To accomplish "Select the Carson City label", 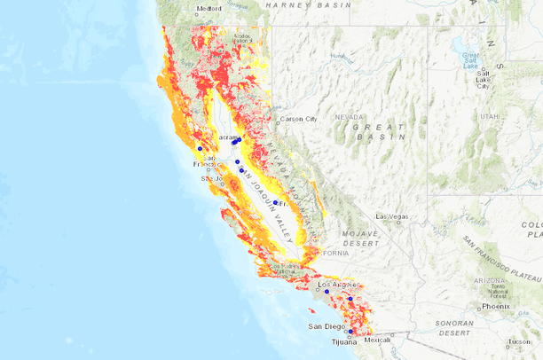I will coord(298,119).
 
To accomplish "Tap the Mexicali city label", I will coord(377,340).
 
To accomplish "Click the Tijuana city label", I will coord(343,342).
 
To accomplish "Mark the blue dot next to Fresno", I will coord(276,203).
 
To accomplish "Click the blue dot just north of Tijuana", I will coord(350,332).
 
